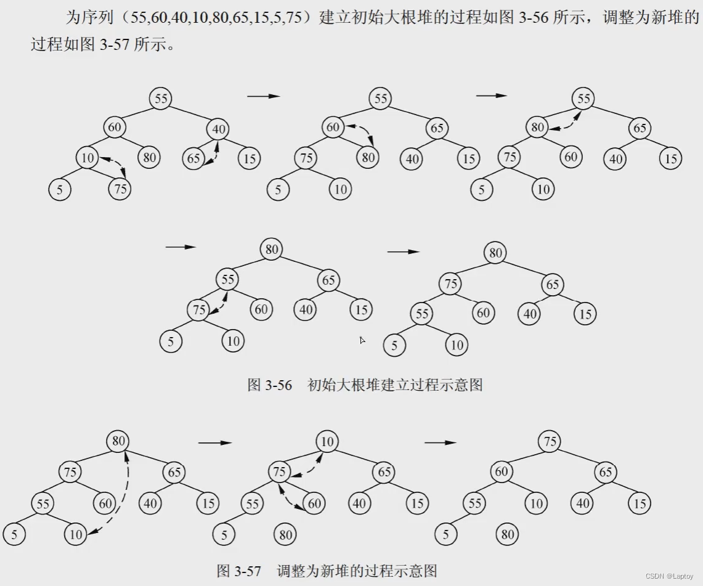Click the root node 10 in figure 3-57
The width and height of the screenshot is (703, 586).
pyautogui.click(x=328, y=442)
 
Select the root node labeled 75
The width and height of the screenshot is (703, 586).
pyautogui.click(x=550, y=442)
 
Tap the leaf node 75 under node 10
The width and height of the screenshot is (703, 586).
pyautogui.click(x=120, y=189)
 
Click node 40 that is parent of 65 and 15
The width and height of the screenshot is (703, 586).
pyautogui.click(x=219, y=129)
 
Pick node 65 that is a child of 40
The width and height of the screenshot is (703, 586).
pyautogui.click(x=193, y=158)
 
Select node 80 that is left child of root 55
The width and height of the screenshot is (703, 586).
pyautogui.click(x=537, y=128)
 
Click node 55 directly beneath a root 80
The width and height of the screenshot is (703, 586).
pyautogui.click(x=228, y=280)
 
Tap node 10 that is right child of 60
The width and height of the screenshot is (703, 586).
pyautogui.click(x=537, y=503)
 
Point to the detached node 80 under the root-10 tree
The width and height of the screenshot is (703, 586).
pyautogui.click(x=285, y=534)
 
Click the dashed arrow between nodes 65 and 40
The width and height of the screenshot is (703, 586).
pyautogui.click(x=214, y=151)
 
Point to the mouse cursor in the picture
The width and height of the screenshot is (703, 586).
pyautogui.click(x=363, y=340)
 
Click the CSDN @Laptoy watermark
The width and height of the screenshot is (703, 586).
pyautogui.click(x=670, y=576)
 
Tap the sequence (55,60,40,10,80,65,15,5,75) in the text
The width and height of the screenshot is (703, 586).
pyautogui.click(x=218, y=18)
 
